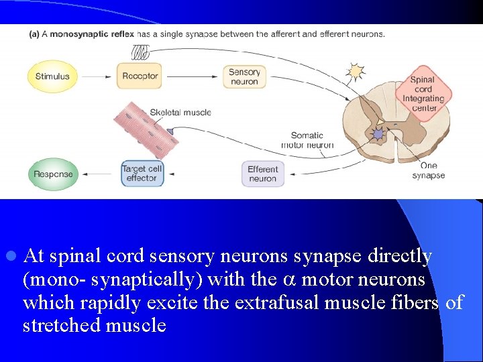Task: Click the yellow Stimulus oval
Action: tap(52, 76)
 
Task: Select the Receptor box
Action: tap(140, 76)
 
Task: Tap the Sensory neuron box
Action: tap(244, 76)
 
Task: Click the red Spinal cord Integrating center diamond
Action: tap(423, 93)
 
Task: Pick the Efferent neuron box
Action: tap(262, 174)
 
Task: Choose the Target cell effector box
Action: tap(142, 174)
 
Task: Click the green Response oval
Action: tap(54, 174)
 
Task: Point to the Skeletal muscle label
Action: tap(180, 113)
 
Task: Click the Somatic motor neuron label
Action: tap(307, 140)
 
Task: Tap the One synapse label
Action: tap(428, 170)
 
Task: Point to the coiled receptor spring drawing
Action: tap(140, 52)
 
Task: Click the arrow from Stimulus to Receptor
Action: tap(97, 76)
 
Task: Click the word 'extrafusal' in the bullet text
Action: tap(276, 302)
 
